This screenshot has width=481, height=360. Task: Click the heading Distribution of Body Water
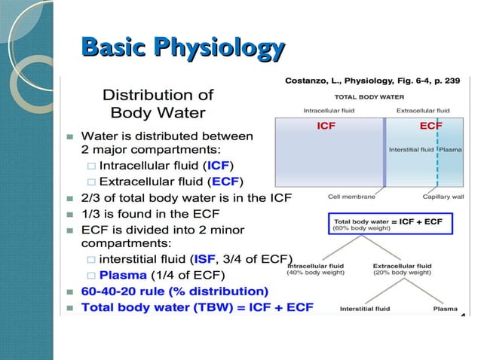[158, 104]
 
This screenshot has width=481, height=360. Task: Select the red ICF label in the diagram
[326, 125]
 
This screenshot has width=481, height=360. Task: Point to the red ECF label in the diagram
[430, 125]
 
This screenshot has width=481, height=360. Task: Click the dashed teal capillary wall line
[437, 158]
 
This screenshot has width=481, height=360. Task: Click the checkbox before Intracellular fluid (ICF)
[90, 166]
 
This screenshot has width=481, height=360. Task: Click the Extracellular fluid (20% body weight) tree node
[402, 269]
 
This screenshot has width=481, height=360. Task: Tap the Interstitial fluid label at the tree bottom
[365, 308]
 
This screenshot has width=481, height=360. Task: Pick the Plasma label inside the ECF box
[452, 149]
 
